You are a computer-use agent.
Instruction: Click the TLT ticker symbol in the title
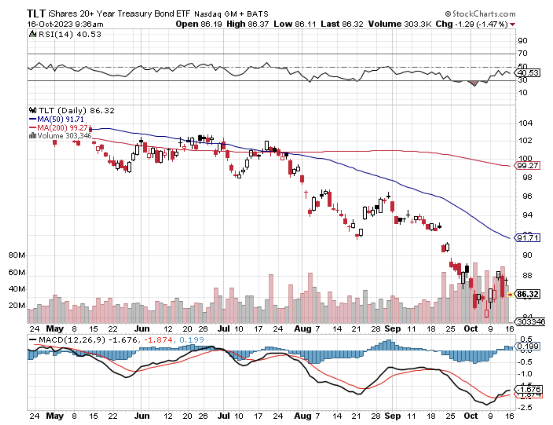[36, 14]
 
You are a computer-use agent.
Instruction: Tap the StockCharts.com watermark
[480, 14]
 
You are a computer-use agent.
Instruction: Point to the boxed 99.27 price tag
[528, 166]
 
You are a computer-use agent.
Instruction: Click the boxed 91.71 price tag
[528, 238]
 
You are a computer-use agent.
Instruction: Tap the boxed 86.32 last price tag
[528, 294]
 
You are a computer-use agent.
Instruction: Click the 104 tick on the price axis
[525, 123]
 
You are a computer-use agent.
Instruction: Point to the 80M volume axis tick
[17, 256]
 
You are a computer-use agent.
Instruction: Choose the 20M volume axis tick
[17, 305]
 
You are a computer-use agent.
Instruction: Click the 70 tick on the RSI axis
[523, 53]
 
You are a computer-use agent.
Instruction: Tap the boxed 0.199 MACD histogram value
[528, 346]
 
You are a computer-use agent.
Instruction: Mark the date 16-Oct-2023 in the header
[49, 24]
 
